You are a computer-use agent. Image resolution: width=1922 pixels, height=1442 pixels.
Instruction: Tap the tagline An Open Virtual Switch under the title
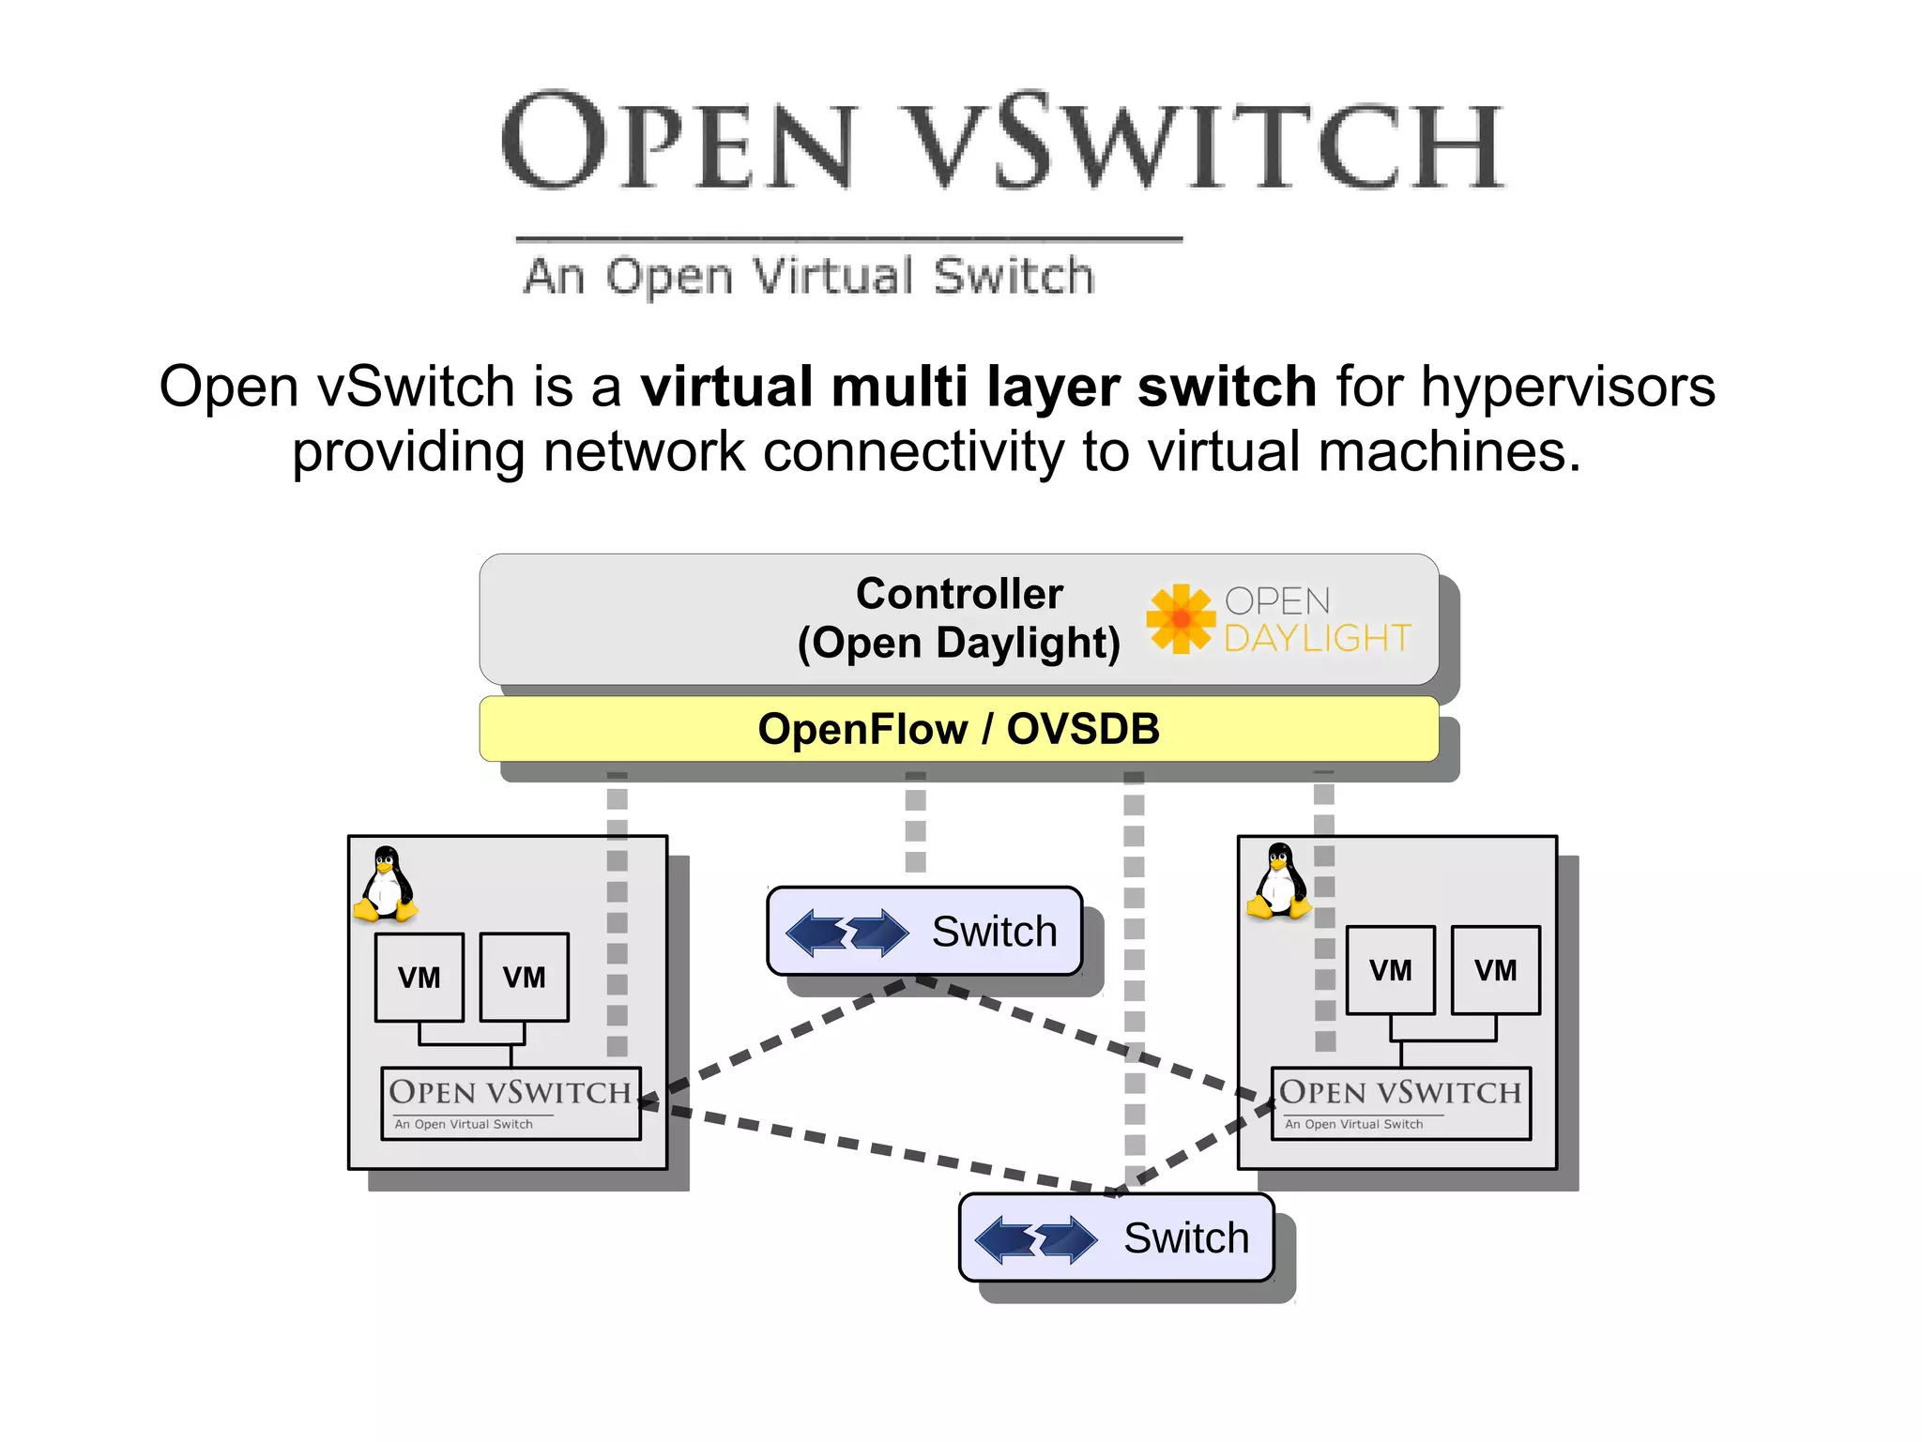tap(809, 277)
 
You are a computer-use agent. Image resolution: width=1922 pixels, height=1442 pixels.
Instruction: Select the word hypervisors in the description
tap(1567, 387)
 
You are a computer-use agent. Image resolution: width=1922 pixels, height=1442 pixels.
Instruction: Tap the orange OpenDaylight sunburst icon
tap(1180, 618)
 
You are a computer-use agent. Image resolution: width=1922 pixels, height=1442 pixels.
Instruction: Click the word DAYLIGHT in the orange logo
tap(1317, 639)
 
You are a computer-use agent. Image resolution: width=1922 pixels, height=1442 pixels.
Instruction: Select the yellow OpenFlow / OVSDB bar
tap(959, 729)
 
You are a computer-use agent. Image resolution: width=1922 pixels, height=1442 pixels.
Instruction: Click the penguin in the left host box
tap(386, 884)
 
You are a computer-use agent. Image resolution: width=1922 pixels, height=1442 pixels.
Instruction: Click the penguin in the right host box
tap(1278, 881)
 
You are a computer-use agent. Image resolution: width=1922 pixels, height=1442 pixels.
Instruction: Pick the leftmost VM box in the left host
tap(419, 977)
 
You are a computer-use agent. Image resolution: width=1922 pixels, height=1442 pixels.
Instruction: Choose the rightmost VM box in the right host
tap(1495, 970)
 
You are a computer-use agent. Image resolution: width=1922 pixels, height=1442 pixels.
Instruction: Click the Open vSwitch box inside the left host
tap(511, 1103)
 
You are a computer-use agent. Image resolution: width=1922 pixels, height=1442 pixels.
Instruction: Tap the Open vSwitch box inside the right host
tap(1400, 1103)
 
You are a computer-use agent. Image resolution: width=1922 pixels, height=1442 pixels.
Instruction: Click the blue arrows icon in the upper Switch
tap(847, 933)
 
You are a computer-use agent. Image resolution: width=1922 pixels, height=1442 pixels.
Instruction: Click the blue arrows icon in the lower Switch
tap(1036, 1239)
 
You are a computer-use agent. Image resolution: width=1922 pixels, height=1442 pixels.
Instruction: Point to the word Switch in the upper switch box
tap(994, 932)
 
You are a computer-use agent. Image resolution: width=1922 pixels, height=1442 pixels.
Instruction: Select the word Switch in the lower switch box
tap(1186, 1238)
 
